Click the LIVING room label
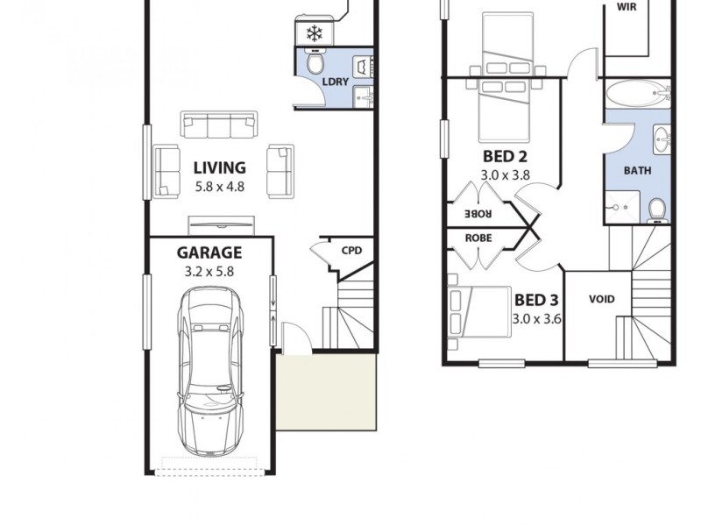(x=219, y=167)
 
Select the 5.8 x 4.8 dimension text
(x=219, y=186)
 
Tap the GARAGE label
(x=209, y=253)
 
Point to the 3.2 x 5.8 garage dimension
(x=209, y=272)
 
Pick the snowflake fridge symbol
(x=314, y=33)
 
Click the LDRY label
(x=336, y=82)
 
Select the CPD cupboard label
(x=351, y=251)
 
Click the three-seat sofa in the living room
(x=219, y=125)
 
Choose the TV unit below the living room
(x=222, y=223)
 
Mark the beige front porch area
(x=327, y=392)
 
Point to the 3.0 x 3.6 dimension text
(x=536, y=319)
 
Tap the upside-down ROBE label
(x=478, y=213)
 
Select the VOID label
(x=601, y=299)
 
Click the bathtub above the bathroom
(x=637, y=94)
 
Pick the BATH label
(x=637, y=171)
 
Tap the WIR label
(x=627, y=6)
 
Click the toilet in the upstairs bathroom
(x=656, y=209)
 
